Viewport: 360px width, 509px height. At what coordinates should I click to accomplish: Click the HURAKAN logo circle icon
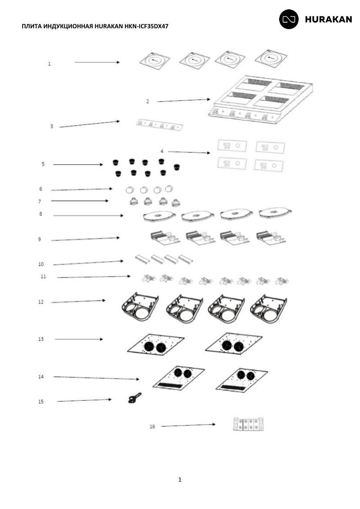[x=289, y=19]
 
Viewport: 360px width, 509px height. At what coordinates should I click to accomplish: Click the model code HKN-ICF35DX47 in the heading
[x=146, y=26]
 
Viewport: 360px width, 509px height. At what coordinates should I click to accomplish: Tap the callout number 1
[x=49, y=64]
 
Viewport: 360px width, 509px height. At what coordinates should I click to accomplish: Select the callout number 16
[x=152, y=426]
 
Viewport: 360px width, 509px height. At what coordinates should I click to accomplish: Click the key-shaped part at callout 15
[x=135, y=398]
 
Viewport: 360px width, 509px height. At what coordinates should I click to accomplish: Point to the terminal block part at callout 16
[x=248, y=424]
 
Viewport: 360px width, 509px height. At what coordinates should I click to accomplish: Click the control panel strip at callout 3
[x=159, y=125]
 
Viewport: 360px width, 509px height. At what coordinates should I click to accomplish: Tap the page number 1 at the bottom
[x=180, y=479]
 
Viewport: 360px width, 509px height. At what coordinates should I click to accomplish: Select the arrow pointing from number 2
[x=184, y=100]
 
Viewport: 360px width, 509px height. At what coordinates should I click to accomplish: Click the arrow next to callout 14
[x=96, y=378]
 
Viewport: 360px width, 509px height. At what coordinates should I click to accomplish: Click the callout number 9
[x=40, y=239]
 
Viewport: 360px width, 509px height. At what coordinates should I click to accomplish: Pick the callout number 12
[x=40, y=302]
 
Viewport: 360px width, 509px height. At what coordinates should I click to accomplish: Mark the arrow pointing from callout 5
[x=78, y=164]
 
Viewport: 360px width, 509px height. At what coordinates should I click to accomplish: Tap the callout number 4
[x=162, y=151]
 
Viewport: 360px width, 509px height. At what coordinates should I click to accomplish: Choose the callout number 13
[x=40, y=339]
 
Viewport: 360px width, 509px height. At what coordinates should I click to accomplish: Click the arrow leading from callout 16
[x=188, y=425]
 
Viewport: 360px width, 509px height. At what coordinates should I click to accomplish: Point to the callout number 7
[x=40, y=201]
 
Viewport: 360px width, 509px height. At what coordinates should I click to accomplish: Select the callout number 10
[x=40, y=264]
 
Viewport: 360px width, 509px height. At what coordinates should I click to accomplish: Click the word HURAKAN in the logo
[x=328, y=20]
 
